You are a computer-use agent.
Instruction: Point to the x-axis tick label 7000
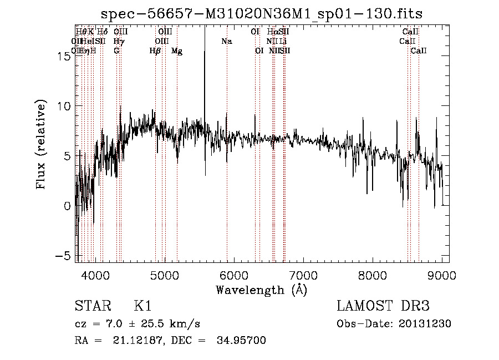click(303, 274)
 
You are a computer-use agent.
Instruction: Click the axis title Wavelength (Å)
click(261, 290)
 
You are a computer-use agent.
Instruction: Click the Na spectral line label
click(226, 42)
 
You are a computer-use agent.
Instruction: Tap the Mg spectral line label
click(177, 51)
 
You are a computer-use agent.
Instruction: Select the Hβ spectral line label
click(155, 51)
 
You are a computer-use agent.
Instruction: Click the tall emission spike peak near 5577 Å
click(205, 28)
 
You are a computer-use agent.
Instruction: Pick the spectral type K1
click(142, 306)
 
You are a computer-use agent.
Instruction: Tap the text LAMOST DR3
click(383, 306)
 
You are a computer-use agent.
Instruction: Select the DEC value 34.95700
click(243, 341)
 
